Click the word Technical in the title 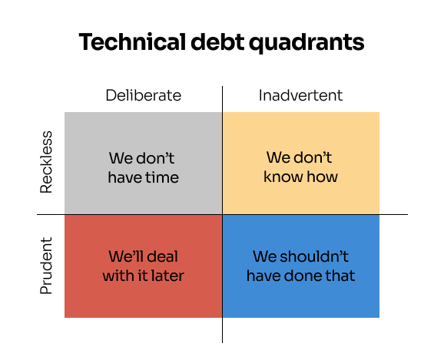(x=132, y=41)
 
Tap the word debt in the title (x=217, y=41)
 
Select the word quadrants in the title (x=306, y=43)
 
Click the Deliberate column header (x=144, y=95)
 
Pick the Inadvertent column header (x=300, y=95)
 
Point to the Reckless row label (x=46, y=162)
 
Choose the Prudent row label (x=46, y=266)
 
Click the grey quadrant (x=144, y=163)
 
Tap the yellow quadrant (x=301, y=163)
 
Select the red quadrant (x=144, y=266)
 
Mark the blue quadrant (x=301, y=266)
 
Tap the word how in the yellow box (x=323, y=177)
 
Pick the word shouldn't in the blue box (x=314, y=256)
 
